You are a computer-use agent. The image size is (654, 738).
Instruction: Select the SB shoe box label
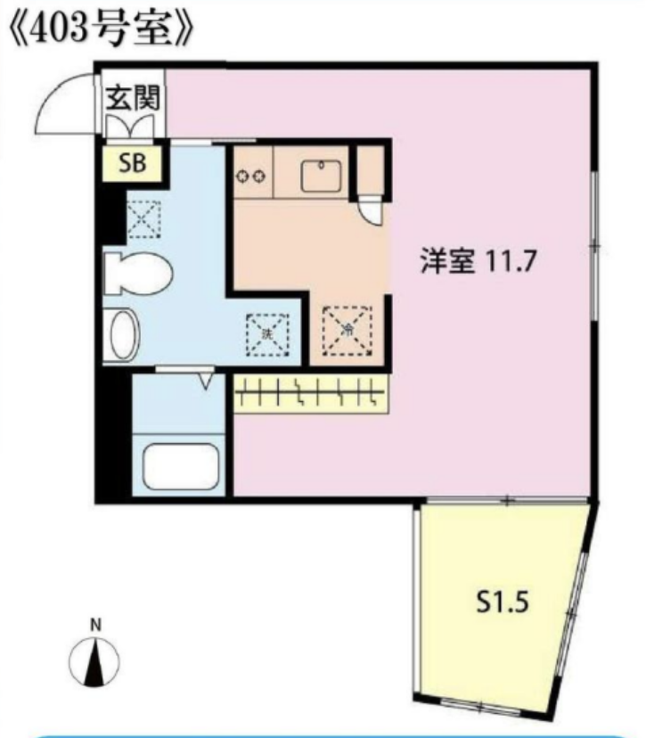(130, 164)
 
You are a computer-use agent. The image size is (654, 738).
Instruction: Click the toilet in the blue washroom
(136, 270)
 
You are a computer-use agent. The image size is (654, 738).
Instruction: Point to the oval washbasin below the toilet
(122, 334)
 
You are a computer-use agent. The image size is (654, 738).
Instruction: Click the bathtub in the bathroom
(181, 463)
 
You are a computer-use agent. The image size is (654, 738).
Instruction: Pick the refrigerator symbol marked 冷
(347, 329)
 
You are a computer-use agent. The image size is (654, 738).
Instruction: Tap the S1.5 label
(503, 603)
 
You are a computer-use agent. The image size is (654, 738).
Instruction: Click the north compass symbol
(94, 662)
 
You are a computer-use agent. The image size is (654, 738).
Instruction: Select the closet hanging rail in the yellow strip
(311, 392)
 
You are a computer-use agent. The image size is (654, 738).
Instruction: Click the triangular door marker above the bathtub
(206, 381)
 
